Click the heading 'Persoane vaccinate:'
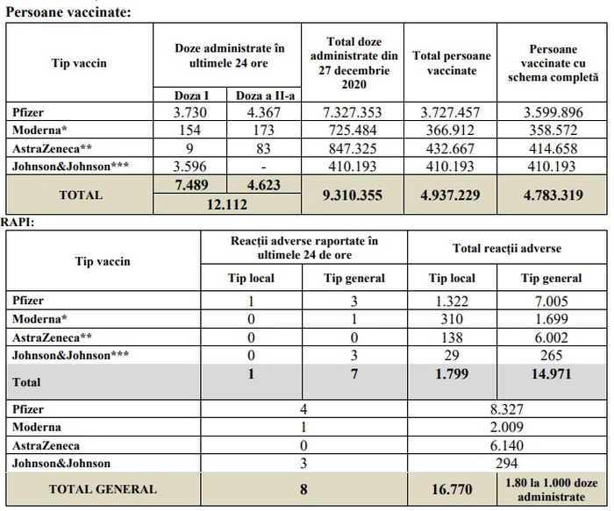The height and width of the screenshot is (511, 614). [x=68, y=11]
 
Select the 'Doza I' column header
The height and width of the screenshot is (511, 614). [x=191, y=95]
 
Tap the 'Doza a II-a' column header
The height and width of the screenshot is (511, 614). [x=265, y=95]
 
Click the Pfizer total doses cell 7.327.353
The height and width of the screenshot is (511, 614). [x=352, y=113]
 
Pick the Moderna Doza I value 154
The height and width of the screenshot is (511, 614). [x=189, y=130]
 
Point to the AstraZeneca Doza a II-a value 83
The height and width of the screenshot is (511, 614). [x=263, y=148]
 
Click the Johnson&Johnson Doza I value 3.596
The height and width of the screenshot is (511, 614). [x=189, y=167]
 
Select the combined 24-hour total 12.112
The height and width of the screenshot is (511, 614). [x=227, y=204]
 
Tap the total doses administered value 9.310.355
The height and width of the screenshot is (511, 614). [x=352, y=195]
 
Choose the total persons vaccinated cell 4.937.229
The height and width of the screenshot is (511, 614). [x=450, y=195]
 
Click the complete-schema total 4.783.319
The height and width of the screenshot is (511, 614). [x=553, y=195]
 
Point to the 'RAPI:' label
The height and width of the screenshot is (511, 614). [x=18, y=223]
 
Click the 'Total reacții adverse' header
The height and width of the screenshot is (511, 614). [x=507, y=248]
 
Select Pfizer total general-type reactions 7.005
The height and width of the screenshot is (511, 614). [x=552, y=301]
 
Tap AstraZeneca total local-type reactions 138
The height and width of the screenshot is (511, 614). [x=452, y=337]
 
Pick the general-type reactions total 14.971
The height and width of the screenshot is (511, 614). [x=552, y=374]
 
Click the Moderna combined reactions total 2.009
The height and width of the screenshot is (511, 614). [x=507, y=427]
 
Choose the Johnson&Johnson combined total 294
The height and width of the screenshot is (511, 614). [x=507, y=464]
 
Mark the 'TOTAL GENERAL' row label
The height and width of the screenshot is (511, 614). [x=103, y=489]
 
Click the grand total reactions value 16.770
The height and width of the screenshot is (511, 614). [x=452, y=489]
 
